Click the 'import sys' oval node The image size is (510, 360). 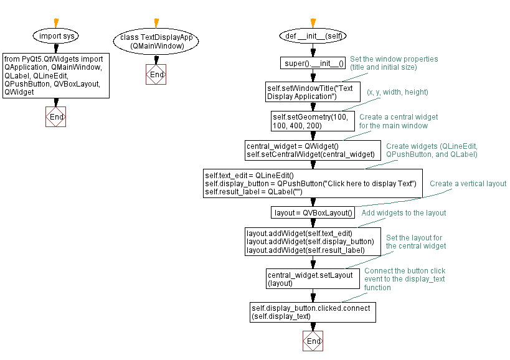coord(56,36)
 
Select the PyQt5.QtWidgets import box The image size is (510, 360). coord(56,75)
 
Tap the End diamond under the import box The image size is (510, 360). coord(56,116)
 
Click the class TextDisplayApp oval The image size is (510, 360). coord(156,41)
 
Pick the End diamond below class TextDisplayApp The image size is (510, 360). coord(156,75)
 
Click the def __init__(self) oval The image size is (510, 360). coord(313,36)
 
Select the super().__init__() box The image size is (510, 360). coord(313,63)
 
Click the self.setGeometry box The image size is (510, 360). coord(313,121)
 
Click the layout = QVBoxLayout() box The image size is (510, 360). coord(313,213)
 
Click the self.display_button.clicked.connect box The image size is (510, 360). coord(313,312)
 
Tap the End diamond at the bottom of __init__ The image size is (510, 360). coord(313,341)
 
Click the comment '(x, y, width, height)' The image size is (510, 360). coord(397,92)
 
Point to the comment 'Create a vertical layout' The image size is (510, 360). coord(468,184)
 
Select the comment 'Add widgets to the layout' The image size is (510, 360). coord(404,213)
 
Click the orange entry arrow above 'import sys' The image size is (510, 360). coord(56,22)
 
